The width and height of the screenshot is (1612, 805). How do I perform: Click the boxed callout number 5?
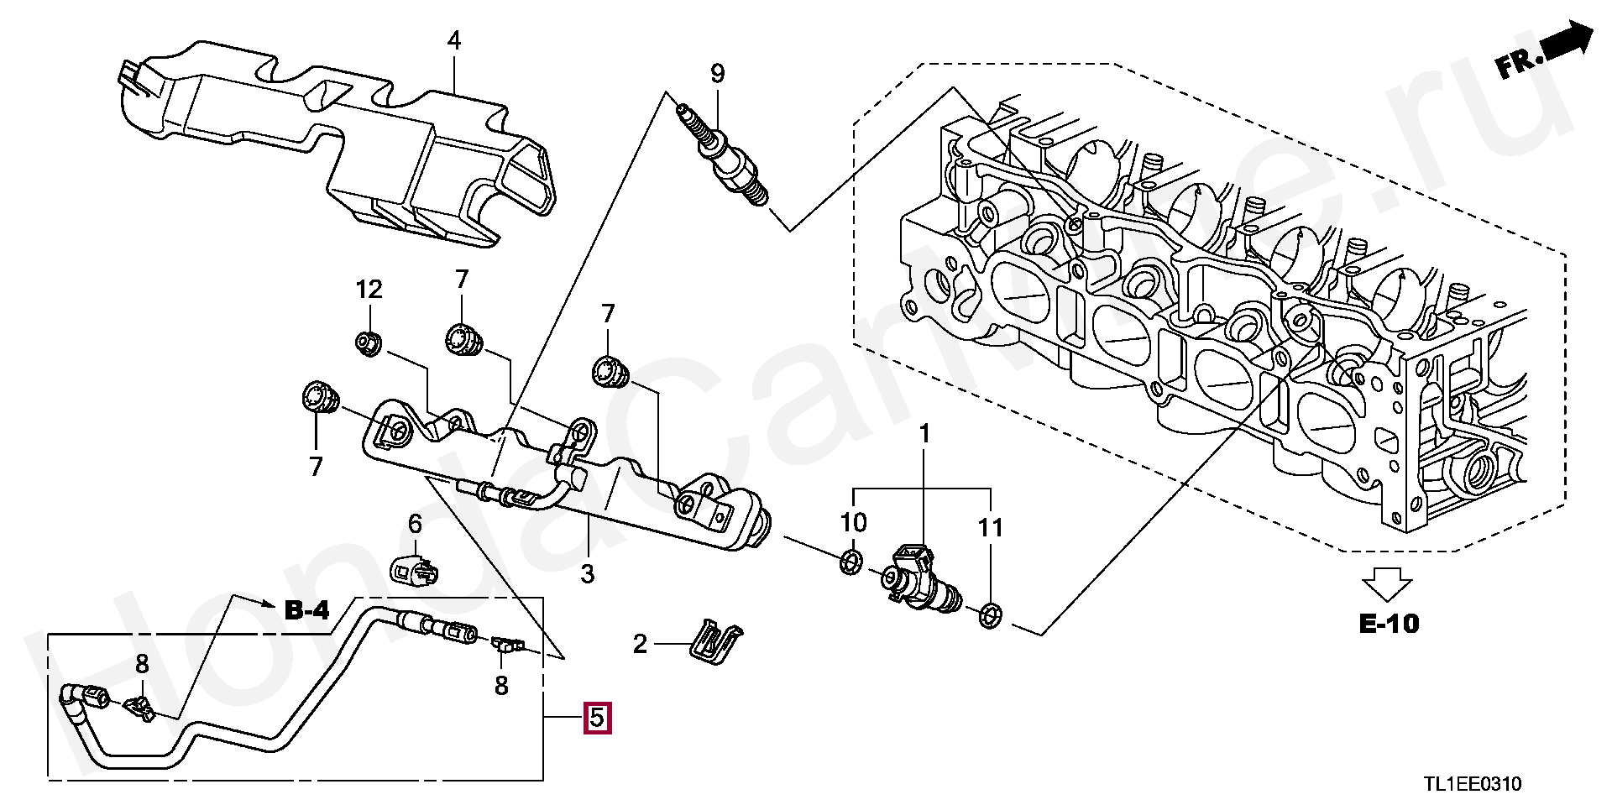598,718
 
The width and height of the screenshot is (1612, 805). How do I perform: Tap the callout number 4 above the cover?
454,40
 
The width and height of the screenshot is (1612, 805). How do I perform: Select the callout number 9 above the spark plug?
717,74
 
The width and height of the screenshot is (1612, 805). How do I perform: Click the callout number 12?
369,290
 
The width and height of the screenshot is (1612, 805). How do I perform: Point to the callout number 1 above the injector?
924,434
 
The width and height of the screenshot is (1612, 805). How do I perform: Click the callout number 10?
854,522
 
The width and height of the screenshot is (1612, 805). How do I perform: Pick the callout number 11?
991,528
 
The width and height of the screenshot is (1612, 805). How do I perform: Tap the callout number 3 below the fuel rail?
588,574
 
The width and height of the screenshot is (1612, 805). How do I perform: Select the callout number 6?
415,525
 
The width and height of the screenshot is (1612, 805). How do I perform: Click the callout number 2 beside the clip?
640,644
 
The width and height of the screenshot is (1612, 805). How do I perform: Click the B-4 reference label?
307,610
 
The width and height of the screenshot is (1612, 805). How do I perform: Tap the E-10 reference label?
1389,624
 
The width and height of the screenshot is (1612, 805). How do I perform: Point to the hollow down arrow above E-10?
1387,583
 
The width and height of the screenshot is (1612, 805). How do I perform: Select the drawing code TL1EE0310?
1472,784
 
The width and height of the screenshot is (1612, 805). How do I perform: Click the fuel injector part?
916,578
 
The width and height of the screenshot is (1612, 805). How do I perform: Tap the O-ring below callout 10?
850,562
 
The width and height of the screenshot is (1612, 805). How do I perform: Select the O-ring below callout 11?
990,616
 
